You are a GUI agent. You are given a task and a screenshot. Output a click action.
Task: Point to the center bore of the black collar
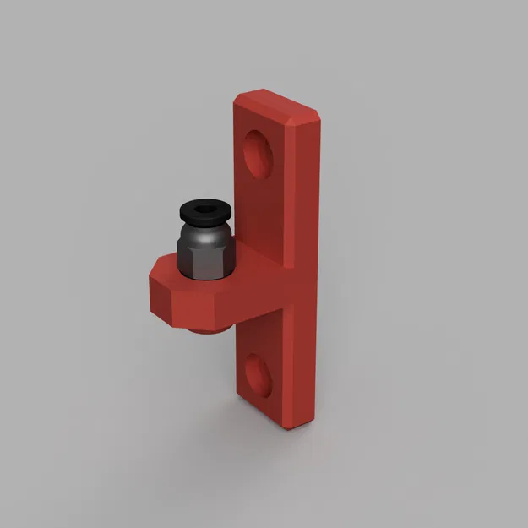[202, 209]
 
